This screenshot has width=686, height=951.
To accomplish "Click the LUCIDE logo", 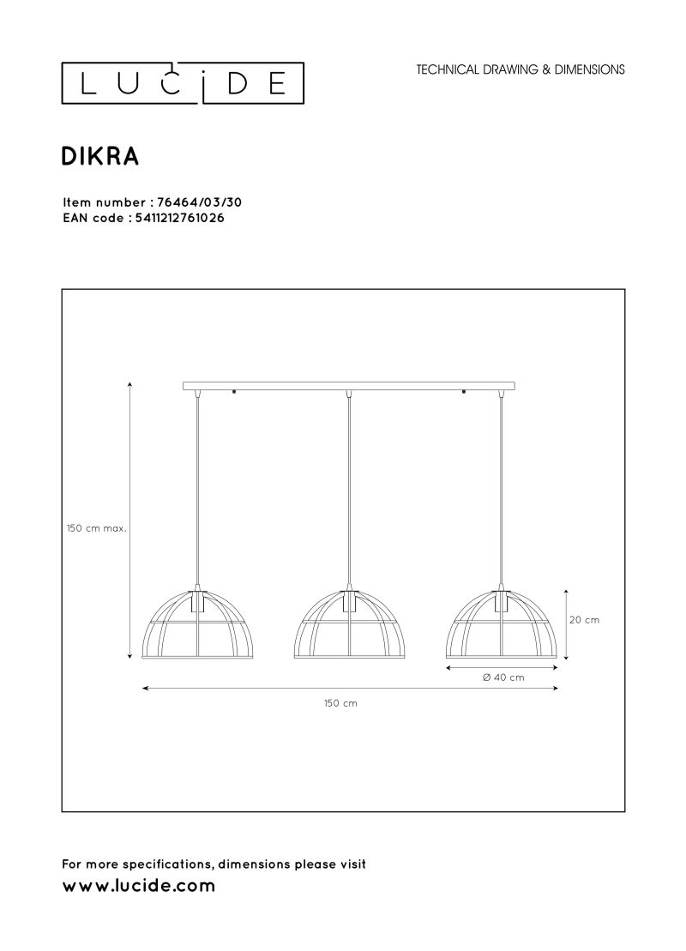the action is [x=183, y=82].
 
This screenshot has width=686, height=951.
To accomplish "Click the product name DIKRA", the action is [x=100, y=156].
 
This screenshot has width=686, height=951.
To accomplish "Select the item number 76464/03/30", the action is [x=199, y=202].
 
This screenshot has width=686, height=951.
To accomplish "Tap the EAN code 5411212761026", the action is [x=177, y=219].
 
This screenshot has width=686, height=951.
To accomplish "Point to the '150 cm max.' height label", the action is [x=96, y=528].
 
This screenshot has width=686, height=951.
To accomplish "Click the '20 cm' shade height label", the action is [x=584, y=620].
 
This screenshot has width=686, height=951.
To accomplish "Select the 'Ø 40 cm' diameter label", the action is [x=503, y=677].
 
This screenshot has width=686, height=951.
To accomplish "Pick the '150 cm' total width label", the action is [x=341, y=703].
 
